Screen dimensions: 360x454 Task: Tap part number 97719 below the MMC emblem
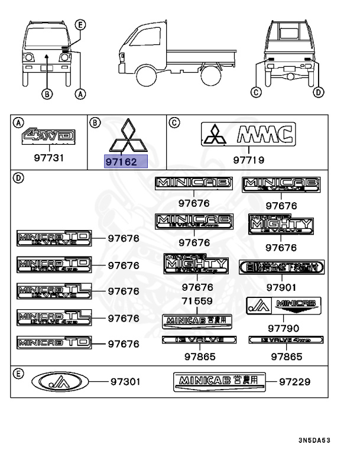248,160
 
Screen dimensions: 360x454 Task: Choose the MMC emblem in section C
247,135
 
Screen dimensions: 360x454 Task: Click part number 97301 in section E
125,382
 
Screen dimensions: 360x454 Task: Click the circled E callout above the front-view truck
81,24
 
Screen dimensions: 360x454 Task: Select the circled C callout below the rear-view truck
256,92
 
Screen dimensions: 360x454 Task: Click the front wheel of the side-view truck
145,76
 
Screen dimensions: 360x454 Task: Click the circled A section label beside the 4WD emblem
18,122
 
